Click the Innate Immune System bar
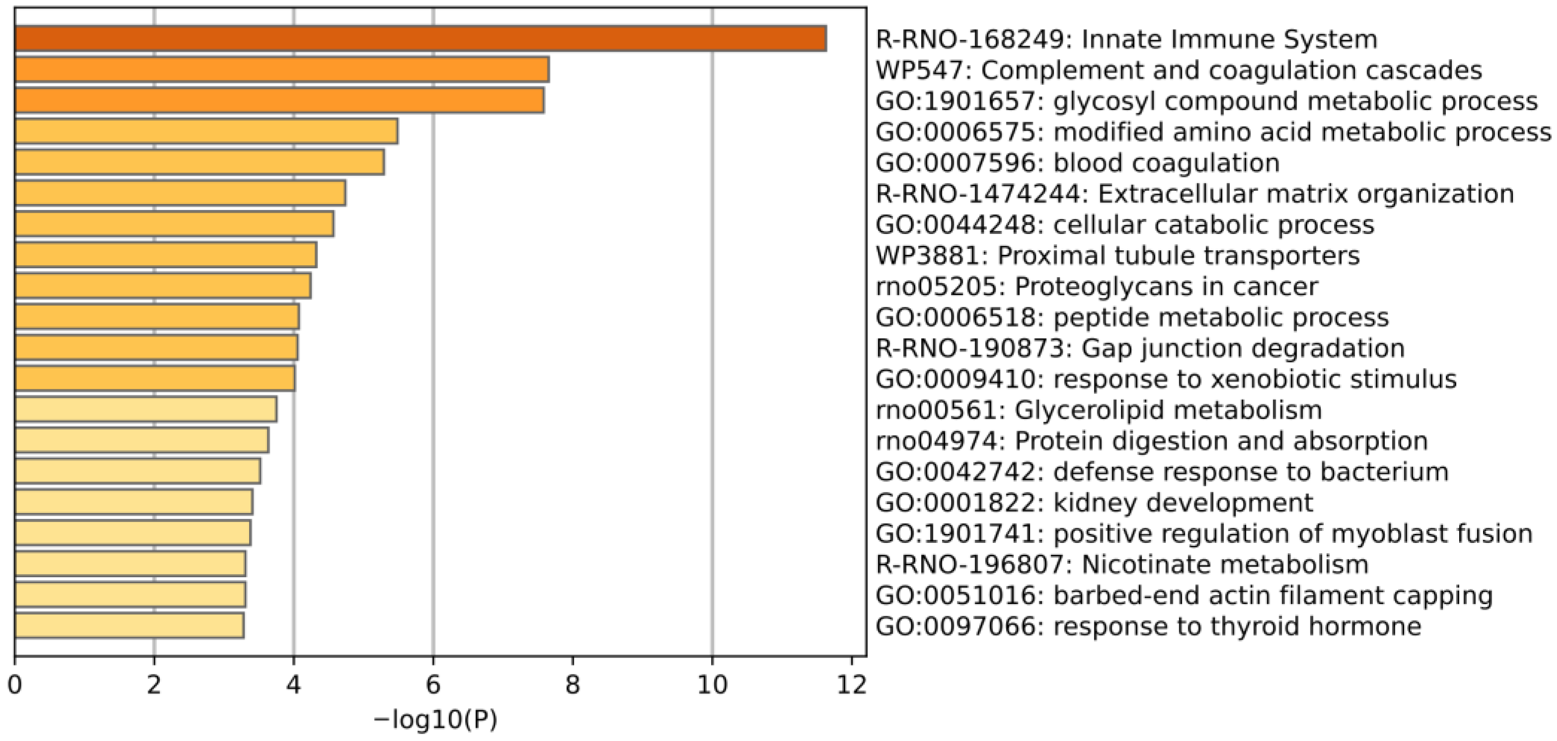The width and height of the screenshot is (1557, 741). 420,39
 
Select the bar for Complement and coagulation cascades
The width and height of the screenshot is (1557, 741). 281,70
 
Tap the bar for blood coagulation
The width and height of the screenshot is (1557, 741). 200,162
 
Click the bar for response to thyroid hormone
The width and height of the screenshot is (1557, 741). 130,625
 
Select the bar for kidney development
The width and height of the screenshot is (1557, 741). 134,502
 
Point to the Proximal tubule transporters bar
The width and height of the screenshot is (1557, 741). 166,255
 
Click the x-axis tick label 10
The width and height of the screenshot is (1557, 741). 712,685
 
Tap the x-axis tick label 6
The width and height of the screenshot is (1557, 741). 433,685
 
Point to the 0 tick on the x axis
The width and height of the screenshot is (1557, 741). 14,685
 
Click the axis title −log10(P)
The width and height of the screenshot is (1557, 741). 435,720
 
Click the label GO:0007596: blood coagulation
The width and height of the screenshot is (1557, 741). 1077,163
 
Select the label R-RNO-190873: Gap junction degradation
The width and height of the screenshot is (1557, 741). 1140,349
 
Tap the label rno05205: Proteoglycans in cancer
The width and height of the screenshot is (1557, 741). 1096,287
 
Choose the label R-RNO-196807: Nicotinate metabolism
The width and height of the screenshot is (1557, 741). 1122,564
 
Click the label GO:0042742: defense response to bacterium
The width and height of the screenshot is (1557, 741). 1162,472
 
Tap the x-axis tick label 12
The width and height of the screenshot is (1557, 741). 852,685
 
